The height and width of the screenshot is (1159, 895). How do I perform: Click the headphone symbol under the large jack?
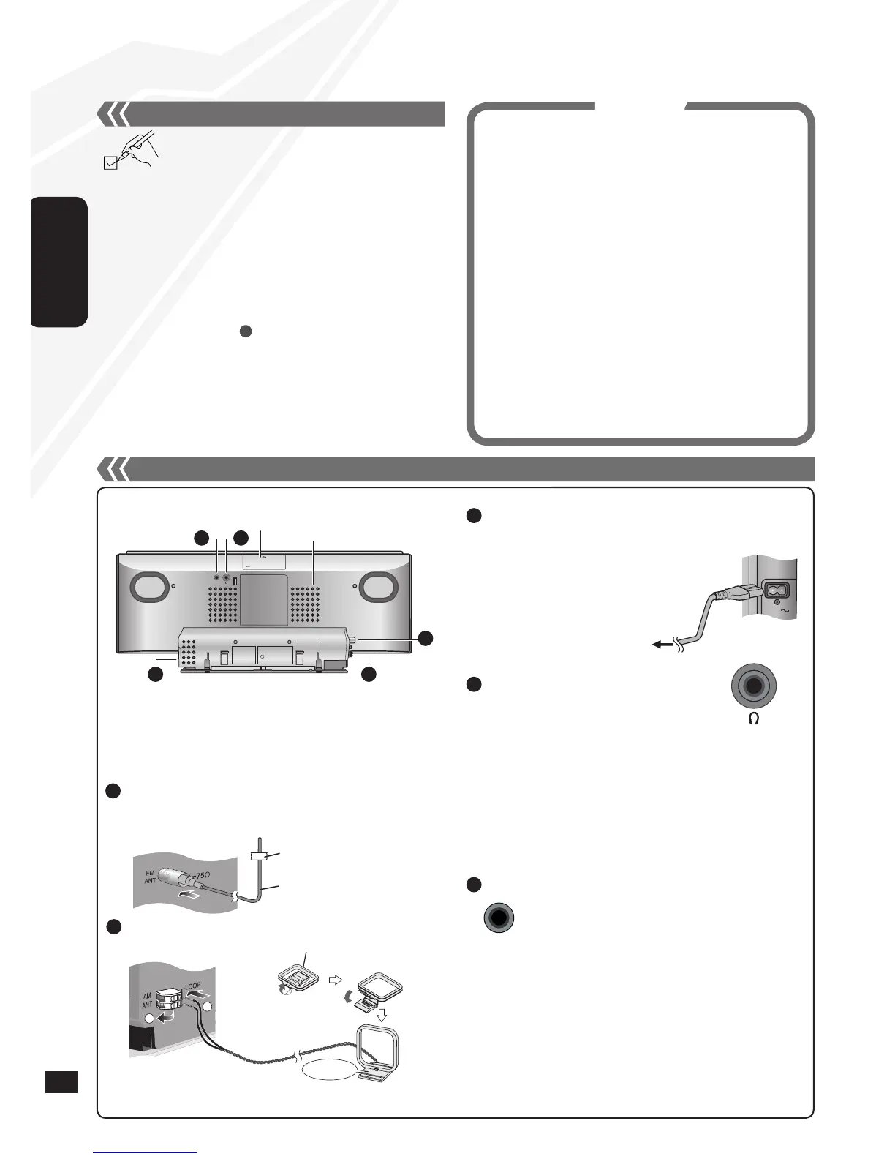754,719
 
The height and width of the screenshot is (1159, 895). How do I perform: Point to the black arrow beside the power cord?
662,645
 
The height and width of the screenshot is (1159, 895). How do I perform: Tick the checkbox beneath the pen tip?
110,163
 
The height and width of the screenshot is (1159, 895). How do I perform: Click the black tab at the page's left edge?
59,261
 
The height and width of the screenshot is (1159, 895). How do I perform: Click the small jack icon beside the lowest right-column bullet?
499,918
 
